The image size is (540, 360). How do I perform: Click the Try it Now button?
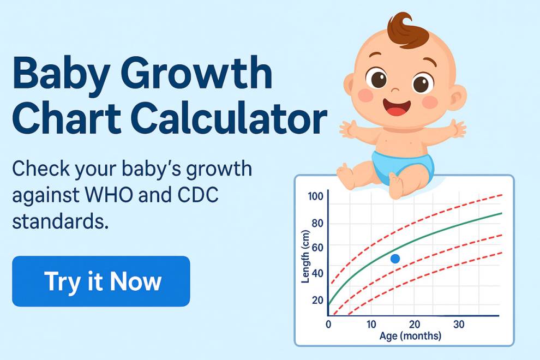tap(101, 281)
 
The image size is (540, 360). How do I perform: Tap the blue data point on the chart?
tap(395, 259)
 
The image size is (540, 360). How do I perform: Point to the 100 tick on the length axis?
tap(316, 196)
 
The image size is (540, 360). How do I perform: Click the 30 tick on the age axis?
tap(459, 325)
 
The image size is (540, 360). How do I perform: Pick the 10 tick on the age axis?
tap(371, 325)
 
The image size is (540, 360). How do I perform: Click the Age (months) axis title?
tap(410, 336)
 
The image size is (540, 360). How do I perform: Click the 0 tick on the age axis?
tap(328, 325)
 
